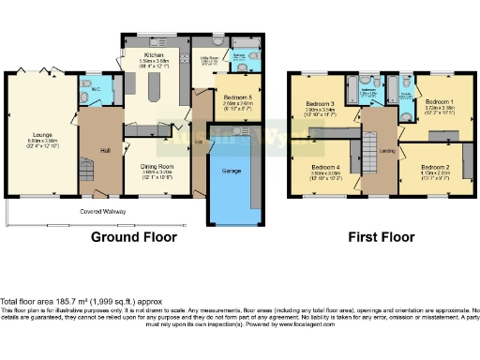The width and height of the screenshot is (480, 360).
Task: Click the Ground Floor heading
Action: [x=134, y=237]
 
